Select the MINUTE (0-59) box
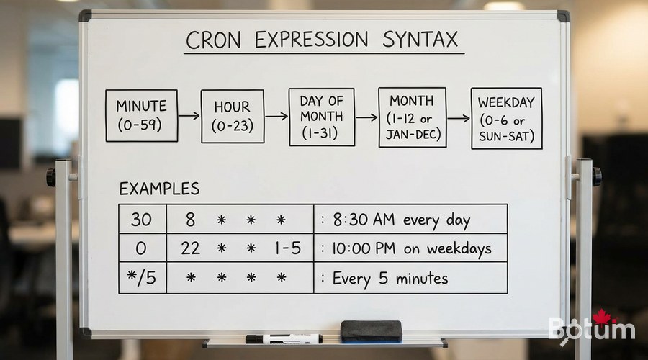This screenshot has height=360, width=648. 141,115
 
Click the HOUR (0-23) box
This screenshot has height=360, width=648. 232,116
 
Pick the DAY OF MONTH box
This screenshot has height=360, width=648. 322,117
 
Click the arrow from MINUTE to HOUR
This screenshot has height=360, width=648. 189,115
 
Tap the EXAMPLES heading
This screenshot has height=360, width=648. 158,189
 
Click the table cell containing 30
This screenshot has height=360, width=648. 141,219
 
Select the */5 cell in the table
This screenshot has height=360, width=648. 141,278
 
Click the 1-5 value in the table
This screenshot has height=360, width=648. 286,248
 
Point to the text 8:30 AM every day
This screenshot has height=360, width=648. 403,219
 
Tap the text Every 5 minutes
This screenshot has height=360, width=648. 390,278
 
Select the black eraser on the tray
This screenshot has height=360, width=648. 370,330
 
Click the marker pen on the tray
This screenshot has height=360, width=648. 284,338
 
